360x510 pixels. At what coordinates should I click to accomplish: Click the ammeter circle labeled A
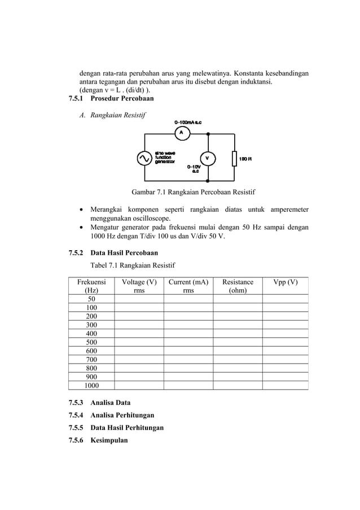181,133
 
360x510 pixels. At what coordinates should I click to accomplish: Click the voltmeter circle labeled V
208,158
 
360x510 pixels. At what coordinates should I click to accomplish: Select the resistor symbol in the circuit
234,159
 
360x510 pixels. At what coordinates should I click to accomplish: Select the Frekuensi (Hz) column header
91,286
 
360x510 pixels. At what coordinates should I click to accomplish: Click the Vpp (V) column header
285,282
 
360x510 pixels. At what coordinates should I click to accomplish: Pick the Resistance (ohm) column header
238,286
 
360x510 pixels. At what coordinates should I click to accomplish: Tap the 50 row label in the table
91,299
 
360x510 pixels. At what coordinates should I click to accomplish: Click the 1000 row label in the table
91,385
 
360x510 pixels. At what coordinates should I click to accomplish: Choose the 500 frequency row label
91,342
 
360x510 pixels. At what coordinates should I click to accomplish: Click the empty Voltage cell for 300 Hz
139,325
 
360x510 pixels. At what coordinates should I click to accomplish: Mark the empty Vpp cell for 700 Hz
285,359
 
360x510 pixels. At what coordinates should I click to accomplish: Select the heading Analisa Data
110,403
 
